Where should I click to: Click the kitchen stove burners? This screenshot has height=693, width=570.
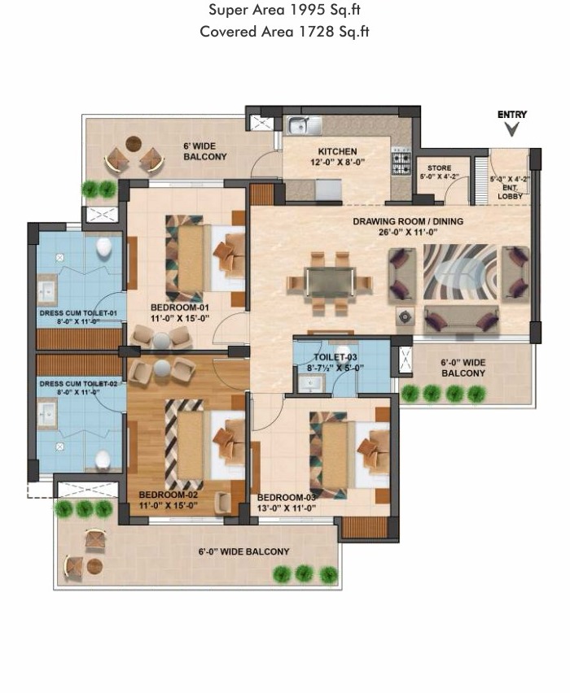401,161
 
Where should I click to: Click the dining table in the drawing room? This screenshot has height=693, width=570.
330,283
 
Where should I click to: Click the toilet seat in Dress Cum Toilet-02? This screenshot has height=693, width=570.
103,460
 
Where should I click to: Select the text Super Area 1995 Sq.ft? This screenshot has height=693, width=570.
285,11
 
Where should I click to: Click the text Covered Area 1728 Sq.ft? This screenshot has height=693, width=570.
285,32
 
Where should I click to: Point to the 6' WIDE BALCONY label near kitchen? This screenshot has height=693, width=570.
204,151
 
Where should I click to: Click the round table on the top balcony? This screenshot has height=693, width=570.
134,144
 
